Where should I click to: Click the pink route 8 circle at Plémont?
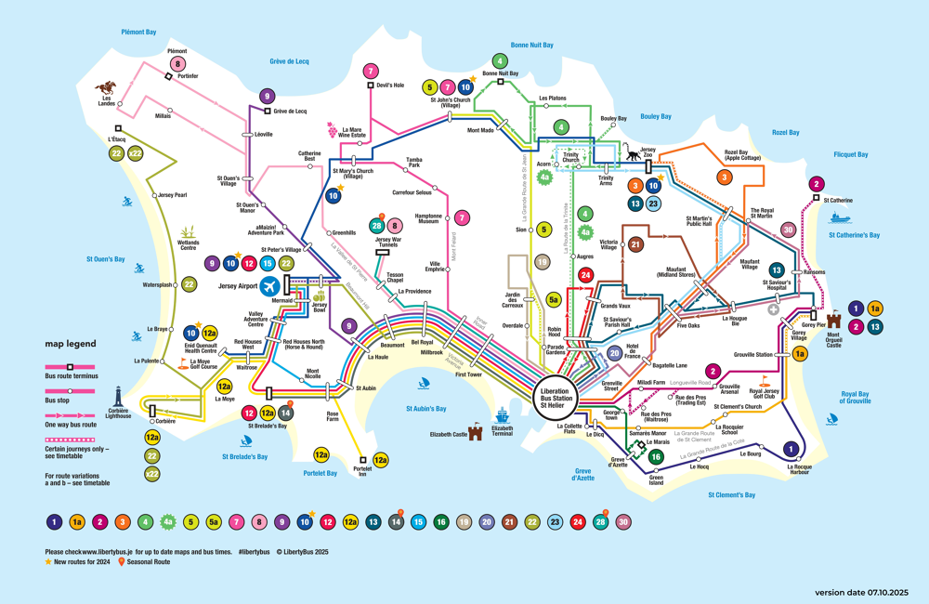point(177,64)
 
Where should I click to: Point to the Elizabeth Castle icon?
point(476,432)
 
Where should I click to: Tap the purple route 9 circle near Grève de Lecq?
point(268,97)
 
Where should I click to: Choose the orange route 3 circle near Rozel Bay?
point(725,177)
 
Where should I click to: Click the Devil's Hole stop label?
point(390,85)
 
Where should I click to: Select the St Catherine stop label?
point(836,200)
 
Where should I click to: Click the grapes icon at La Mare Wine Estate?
point(331,130)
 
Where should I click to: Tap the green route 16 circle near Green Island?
point(656,456)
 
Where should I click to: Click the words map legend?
point(71,344)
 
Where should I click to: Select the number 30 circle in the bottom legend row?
point(622,522)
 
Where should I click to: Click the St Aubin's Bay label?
point(425,409)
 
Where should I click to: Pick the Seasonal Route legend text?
point(149,562)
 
